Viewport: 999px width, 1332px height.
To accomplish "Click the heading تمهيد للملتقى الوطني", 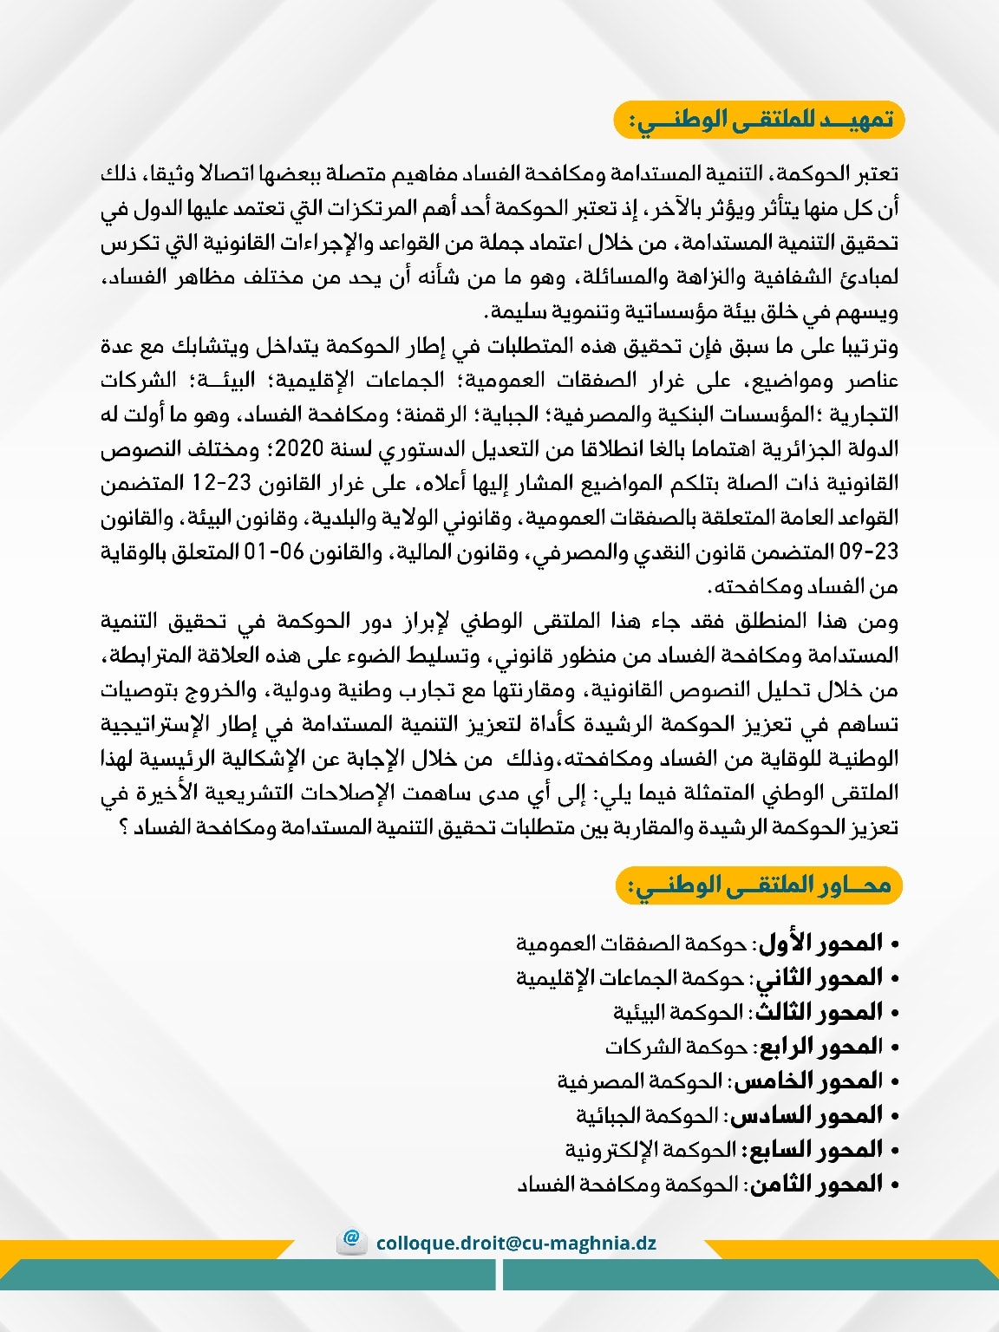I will point(760,120).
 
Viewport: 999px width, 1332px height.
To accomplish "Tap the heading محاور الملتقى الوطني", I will point(760,885).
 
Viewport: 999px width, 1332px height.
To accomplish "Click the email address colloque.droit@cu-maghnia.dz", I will point(516,1243).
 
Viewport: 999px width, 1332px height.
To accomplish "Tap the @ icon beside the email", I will point(352,1239).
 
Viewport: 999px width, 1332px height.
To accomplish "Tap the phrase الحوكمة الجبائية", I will point(648,1115).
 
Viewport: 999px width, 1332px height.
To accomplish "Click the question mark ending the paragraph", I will point(125,828).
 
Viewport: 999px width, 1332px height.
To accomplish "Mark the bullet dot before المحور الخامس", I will point(895,1082).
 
